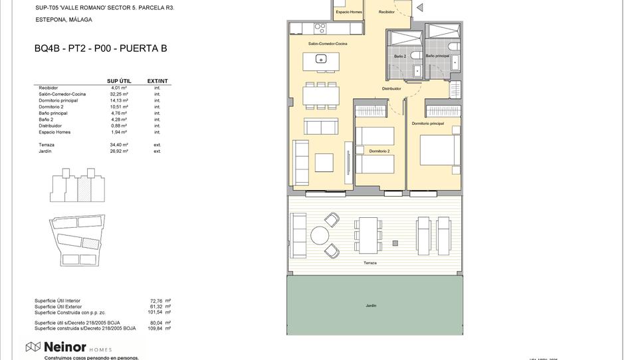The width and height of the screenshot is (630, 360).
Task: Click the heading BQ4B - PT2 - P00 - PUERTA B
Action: pyautogui.click(x=100, y=48)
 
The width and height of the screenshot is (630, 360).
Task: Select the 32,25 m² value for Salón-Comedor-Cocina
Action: pyautogui.click(x=119, y=94)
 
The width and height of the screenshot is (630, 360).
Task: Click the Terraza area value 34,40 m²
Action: pyautogui.click(x=120, y=145)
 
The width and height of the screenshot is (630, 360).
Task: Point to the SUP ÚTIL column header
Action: pyautogui.click(x=119, y=81)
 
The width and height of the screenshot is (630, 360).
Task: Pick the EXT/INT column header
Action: pyautogui.click(x=157, y=81)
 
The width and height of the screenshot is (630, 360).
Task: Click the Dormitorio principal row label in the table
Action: pyautogui.click(x=58, y=100)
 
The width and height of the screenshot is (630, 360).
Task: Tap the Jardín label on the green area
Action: pyautogui.click(x=371, y=306)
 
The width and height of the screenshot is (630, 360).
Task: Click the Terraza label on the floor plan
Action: pyautogui.click(x=370, y=263)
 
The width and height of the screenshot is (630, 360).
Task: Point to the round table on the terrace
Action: pyautogui.click(x=320, y=236)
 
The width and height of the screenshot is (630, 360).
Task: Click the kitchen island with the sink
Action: pyautogui.click(x=320, y=60)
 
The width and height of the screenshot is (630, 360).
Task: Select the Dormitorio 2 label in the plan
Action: pyautogui.click(x=379, y=151)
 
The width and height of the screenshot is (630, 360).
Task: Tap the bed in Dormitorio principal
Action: pyautogui.click(x=439, y=150)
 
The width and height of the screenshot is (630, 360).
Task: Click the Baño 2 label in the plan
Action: pyautogui.click(x=400, y=56)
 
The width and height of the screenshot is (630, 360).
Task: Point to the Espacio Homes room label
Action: pyautogui.click(x=348, y=12)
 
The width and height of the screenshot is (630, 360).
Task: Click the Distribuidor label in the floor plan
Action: pyautogui.click(x=391, y=88)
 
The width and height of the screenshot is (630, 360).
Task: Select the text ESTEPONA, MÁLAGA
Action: pyautogui.click(x=63, y=20)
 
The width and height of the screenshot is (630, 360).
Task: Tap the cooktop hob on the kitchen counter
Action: pyautogui.click(x=320, y=28)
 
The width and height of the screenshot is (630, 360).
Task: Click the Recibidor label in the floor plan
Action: pyautogui.click(x=386, y=12)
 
